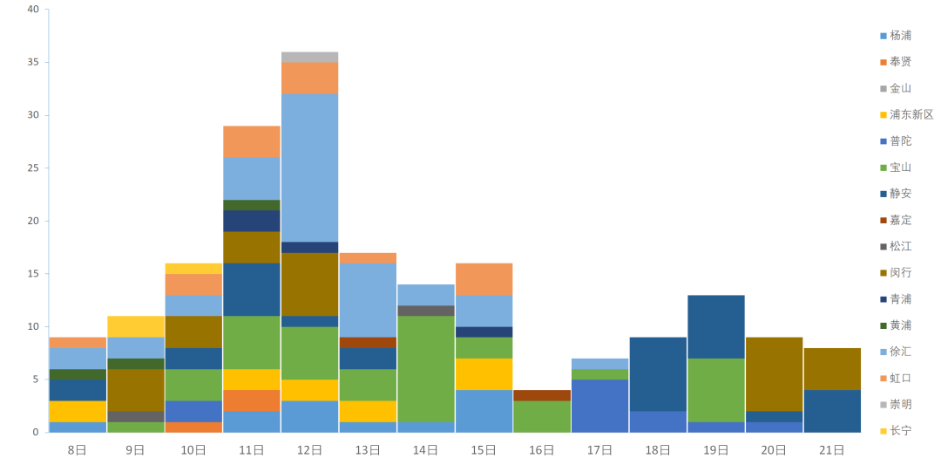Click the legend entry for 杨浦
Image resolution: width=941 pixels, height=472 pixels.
[901, 36]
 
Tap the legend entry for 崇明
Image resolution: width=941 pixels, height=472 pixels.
[901, 404]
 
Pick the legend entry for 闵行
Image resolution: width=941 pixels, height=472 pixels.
[901, 272]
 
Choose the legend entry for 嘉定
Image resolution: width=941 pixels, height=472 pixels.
[901, 220]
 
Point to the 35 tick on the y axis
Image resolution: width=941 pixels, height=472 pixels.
[33, 62]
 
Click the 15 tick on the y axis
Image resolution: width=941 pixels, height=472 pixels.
[33, 274]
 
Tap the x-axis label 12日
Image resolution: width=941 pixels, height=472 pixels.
[309, 450]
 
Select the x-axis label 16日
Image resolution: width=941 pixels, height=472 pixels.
[541, 450]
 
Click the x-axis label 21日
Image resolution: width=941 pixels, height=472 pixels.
[832, 450]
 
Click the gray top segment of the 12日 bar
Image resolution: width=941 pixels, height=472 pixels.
[309, 57]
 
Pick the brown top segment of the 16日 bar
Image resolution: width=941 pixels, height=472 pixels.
[541, 395]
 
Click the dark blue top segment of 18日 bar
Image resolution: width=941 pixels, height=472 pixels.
[658, 373]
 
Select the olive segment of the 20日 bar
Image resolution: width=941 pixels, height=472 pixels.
[774, 373]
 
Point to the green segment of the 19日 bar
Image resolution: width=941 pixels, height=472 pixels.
[715, 389]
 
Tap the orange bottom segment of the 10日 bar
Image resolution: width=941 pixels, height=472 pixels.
[193, 428]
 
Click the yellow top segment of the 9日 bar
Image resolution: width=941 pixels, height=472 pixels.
[135, 326]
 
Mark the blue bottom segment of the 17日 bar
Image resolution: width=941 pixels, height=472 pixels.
[599, 406]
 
